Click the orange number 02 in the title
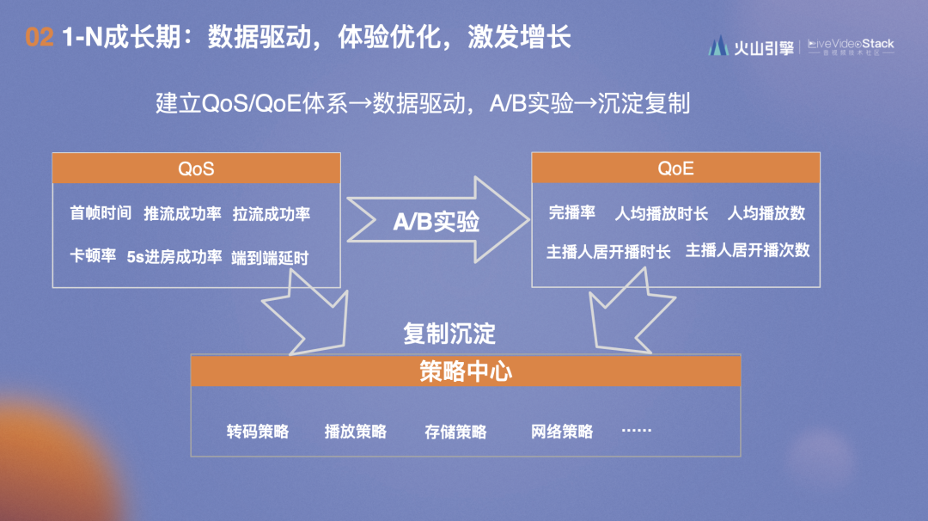(40, 37)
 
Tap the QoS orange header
(197, 169)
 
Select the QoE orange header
(676, 169)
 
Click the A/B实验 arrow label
(437, 222)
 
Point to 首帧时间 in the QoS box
(101, 212)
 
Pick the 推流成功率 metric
(182, 214)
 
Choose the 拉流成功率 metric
(271, 214)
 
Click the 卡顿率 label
(93, 255)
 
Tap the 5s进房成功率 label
(174, 257)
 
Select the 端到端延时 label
(270, 258)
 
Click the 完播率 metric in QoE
(571, 212)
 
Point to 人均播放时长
(661, 213)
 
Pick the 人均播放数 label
(766, 213)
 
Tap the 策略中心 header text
(466, 371)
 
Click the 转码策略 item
(258, 432)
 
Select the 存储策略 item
(455, 432)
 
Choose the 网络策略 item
(562, 432)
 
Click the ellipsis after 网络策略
(637, 431)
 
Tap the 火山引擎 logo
(752, 46)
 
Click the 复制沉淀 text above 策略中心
(449, 334)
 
